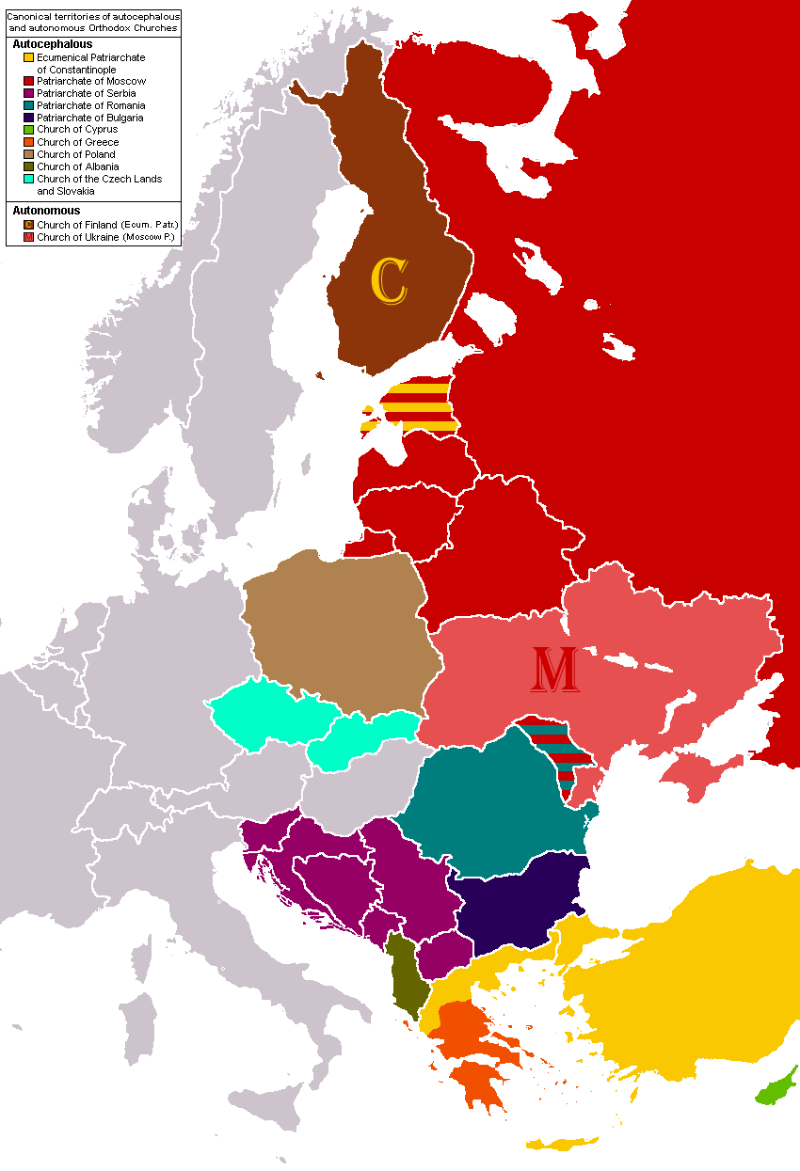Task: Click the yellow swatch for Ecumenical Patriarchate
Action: point(29,58)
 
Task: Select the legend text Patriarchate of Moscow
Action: point(90,82)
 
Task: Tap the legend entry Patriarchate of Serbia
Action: point(86,94)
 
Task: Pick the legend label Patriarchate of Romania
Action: point(90,106)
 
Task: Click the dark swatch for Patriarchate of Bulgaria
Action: point(29,119)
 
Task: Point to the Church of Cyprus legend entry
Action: point(77,130)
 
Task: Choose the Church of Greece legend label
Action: point(77,142)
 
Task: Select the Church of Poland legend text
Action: point(75,154)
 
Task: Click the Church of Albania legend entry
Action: point(77,166)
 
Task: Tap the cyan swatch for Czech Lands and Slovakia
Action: point(29,179)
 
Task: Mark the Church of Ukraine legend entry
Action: point(106,237)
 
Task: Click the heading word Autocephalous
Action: point(53,44)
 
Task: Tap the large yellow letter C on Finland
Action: point(389,281)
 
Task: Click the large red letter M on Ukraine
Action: point(554,670)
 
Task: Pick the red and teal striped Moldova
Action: point(559,753)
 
